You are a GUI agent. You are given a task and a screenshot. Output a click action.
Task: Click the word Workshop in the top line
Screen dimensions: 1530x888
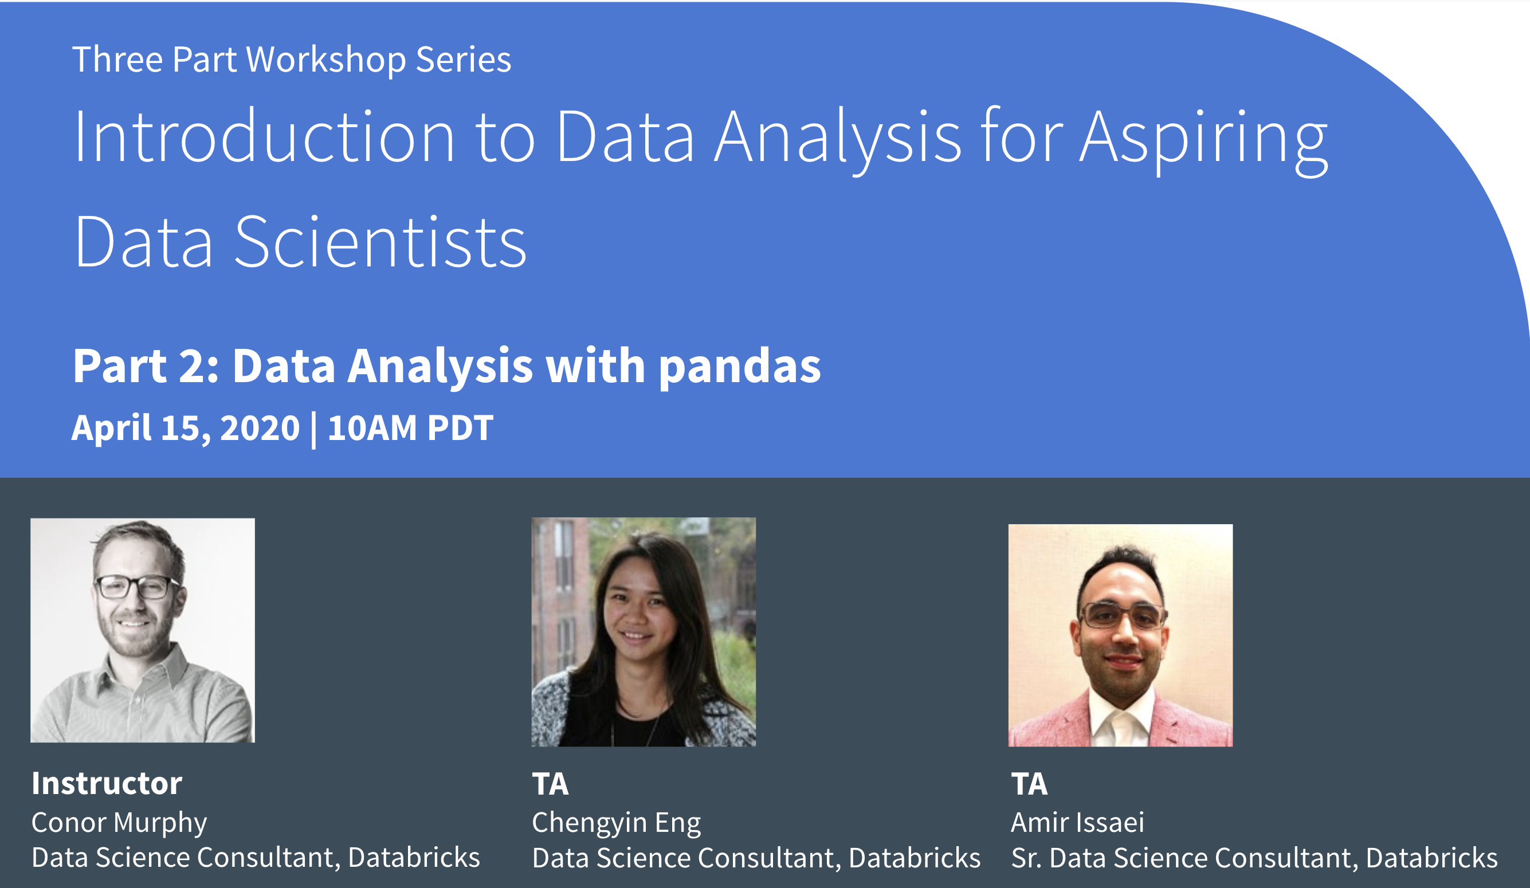click(x=326, y=60)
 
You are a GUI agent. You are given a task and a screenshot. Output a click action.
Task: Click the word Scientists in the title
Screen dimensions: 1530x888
click(x=380, y=241)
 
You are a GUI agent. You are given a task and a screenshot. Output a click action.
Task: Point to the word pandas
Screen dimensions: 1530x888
click(x=739, y=367)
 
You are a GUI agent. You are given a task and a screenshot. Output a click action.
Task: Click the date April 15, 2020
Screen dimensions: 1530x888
click(x=185, y=429)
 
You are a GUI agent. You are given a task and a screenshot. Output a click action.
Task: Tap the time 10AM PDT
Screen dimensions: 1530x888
click(x=410, y=428)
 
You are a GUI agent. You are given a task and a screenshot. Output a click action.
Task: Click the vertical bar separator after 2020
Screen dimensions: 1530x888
click(x=313, y=430)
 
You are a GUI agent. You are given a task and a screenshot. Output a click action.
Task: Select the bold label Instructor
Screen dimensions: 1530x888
click(x=107, y=783)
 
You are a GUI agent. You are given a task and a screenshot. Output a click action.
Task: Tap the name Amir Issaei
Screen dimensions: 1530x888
click(x=1077, y=823)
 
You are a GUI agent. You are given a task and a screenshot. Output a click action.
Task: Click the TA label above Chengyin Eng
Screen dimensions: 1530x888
click(x=550, y=784)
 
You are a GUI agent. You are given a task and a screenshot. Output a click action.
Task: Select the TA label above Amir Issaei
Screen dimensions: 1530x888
click(x=1029, y=784)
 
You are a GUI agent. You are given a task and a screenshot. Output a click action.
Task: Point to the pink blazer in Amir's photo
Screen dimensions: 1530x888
click(x=1050, y=722)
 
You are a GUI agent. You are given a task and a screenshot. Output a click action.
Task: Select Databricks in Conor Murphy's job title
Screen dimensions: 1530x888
click(x=414, y=857)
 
